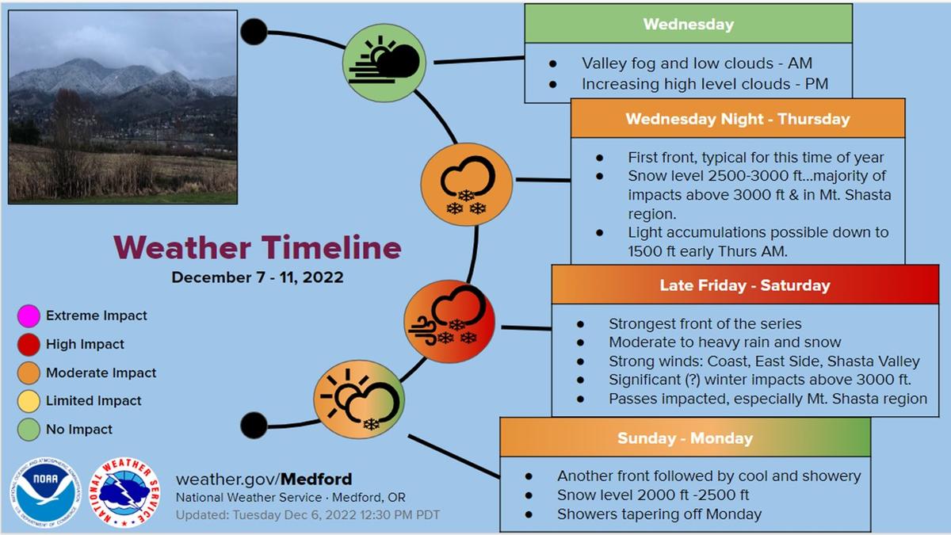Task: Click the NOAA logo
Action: [45, 492]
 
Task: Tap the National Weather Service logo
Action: [124, 492]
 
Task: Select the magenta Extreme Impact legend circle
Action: [29, 316]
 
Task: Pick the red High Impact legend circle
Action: [29, 344]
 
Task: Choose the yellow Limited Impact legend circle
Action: [29, 401]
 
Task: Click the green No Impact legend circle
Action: [29, 430]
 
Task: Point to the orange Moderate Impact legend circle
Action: [29, 373]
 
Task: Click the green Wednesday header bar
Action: [688, 24]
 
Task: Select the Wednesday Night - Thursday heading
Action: [738, 119]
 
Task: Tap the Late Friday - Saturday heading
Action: [745, 285]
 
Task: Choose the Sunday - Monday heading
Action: [686, 438]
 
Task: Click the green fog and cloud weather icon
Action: [384, 63]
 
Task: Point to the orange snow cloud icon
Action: [467, 184]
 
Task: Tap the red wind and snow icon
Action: [449, 322]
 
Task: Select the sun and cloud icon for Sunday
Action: [359, 399]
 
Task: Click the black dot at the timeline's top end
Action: [254, 32]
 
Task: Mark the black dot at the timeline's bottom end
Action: [254, 426]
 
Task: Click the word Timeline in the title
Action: [331, 247]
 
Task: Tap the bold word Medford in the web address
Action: [316, 480]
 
